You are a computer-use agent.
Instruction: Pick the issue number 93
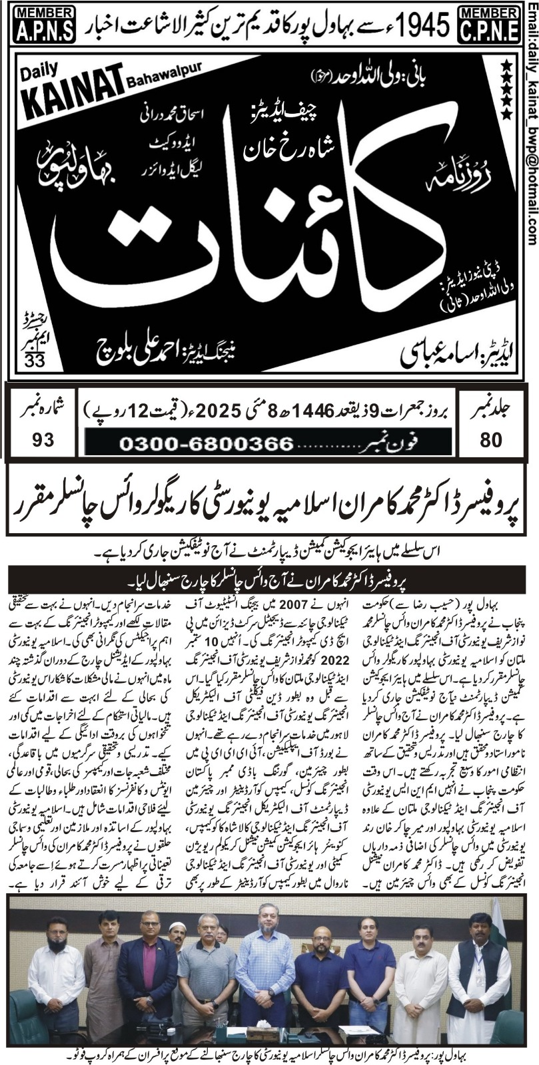coord(38,441)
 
